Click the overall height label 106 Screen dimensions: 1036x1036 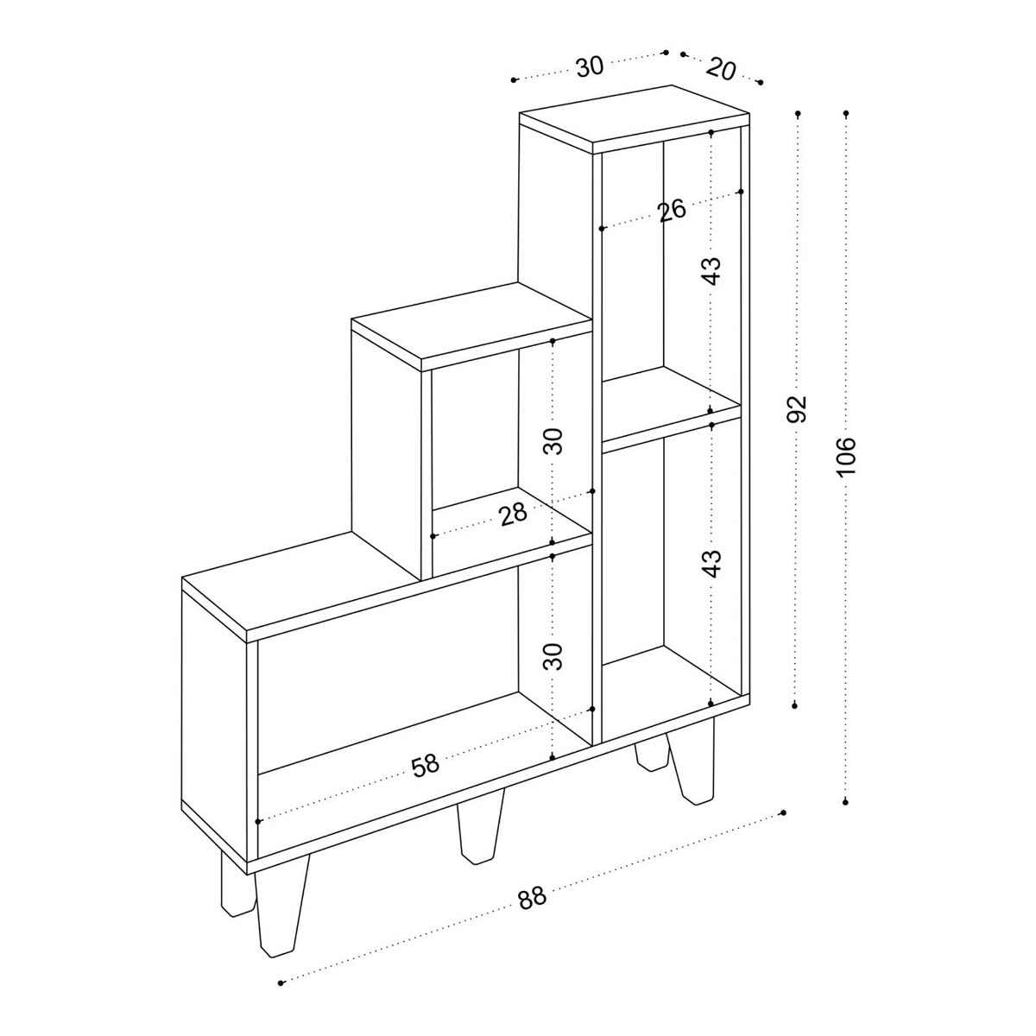coord(846,457)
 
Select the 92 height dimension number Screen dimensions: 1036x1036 coord(798,408)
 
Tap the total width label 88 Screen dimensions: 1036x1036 coord(533,897)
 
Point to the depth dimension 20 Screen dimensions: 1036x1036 coord(721,69)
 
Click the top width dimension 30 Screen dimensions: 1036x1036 coord(590,66)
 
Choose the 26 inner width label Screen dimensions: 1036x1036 coord(672,210)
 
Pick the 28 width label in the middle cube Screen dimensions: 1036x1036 coord(514,515)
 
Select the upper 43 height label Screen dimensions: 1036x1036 coord(711,271)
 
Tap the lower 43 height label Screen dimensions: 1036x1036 coord(711,563)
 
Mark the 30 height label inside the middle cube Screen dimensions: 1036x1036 coord(553,441)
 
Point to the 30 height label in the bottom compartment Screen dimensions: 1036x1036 coord(553,656)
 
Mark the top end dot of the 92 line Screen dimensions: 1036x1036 coord(799,113)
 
